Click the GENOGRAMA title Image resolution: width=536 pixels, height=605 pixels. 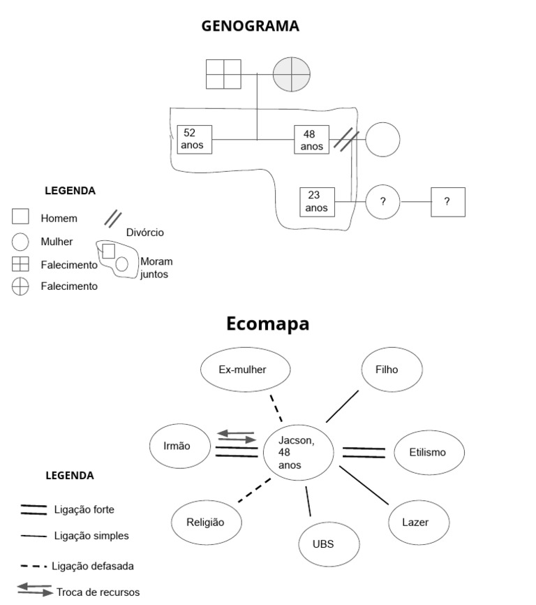(250, 26)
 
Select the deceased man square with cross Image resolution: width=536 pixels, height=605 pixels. (223, 74)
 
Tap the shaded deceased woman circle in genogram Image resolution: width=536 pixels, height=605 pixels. (291, 74)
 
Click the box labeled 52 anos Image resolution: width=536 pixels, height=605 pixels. (194, 140)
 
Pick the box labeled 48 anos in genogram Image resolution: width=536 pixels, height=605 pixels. (311, 140)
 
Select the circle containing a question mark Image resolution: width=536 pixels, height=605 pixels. (382, 202)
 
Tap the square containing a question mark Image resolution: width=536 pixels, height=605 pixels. (447, 202)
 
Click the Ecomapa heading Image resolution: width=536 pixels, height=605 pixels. (267, 324)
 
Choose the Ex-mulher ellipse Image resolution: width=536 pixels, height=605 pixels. (245, 369)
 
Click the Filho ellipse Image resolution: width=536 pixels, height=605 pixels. (392, 369)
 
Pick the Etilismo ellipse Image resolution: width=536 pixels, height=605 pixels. (427, 452)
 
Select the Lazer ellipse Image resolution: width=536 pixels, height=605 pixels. (416, 522)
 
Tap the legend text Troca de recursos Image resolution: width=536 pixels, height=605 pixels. (98, 592)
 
